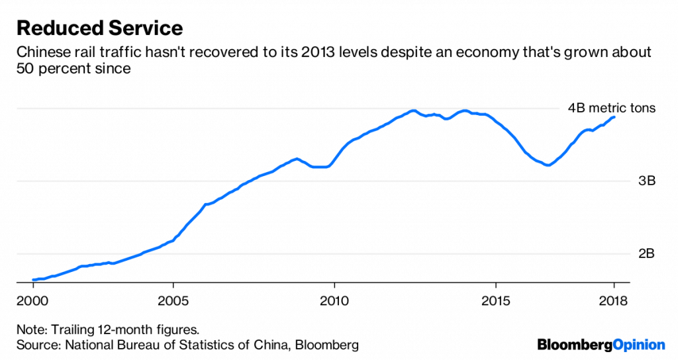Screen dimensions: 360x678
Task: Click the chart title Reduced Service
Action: (x=99, y=28)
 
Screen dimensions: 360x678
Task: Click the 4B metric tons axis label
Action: (x=611, y=108)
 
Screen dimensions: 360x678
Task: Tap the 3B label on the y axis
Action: (x=646, y=181)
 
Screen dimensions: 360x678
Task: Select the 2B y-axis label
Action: (x=646, y=253)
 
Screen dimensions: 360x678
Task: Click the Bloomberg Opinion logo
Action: (x=601, y=345)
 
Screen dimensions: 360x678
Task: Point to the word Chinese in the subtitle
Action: (x=40, y=52)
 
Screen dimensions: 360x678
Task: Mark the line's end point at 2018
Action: (x=614, y=117)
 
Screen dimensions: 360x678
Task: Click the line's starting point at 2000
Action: (x=34, y=280)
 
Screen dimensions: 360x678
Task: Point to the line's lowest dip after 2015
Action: (x=547, y=165)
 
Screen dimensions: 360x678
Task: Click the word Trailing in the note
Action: (x=72, y=329)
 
